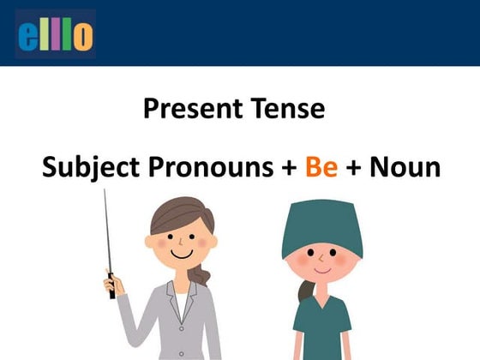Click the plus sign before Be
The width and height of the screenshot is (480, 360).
point(290,167)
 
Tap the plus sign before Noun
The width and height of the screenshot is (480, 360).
point(354,167)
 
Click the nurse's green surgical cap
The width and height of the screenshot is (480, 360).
point(321,225)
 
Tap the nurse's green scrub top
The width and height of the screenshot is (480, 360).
point(323,330)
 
